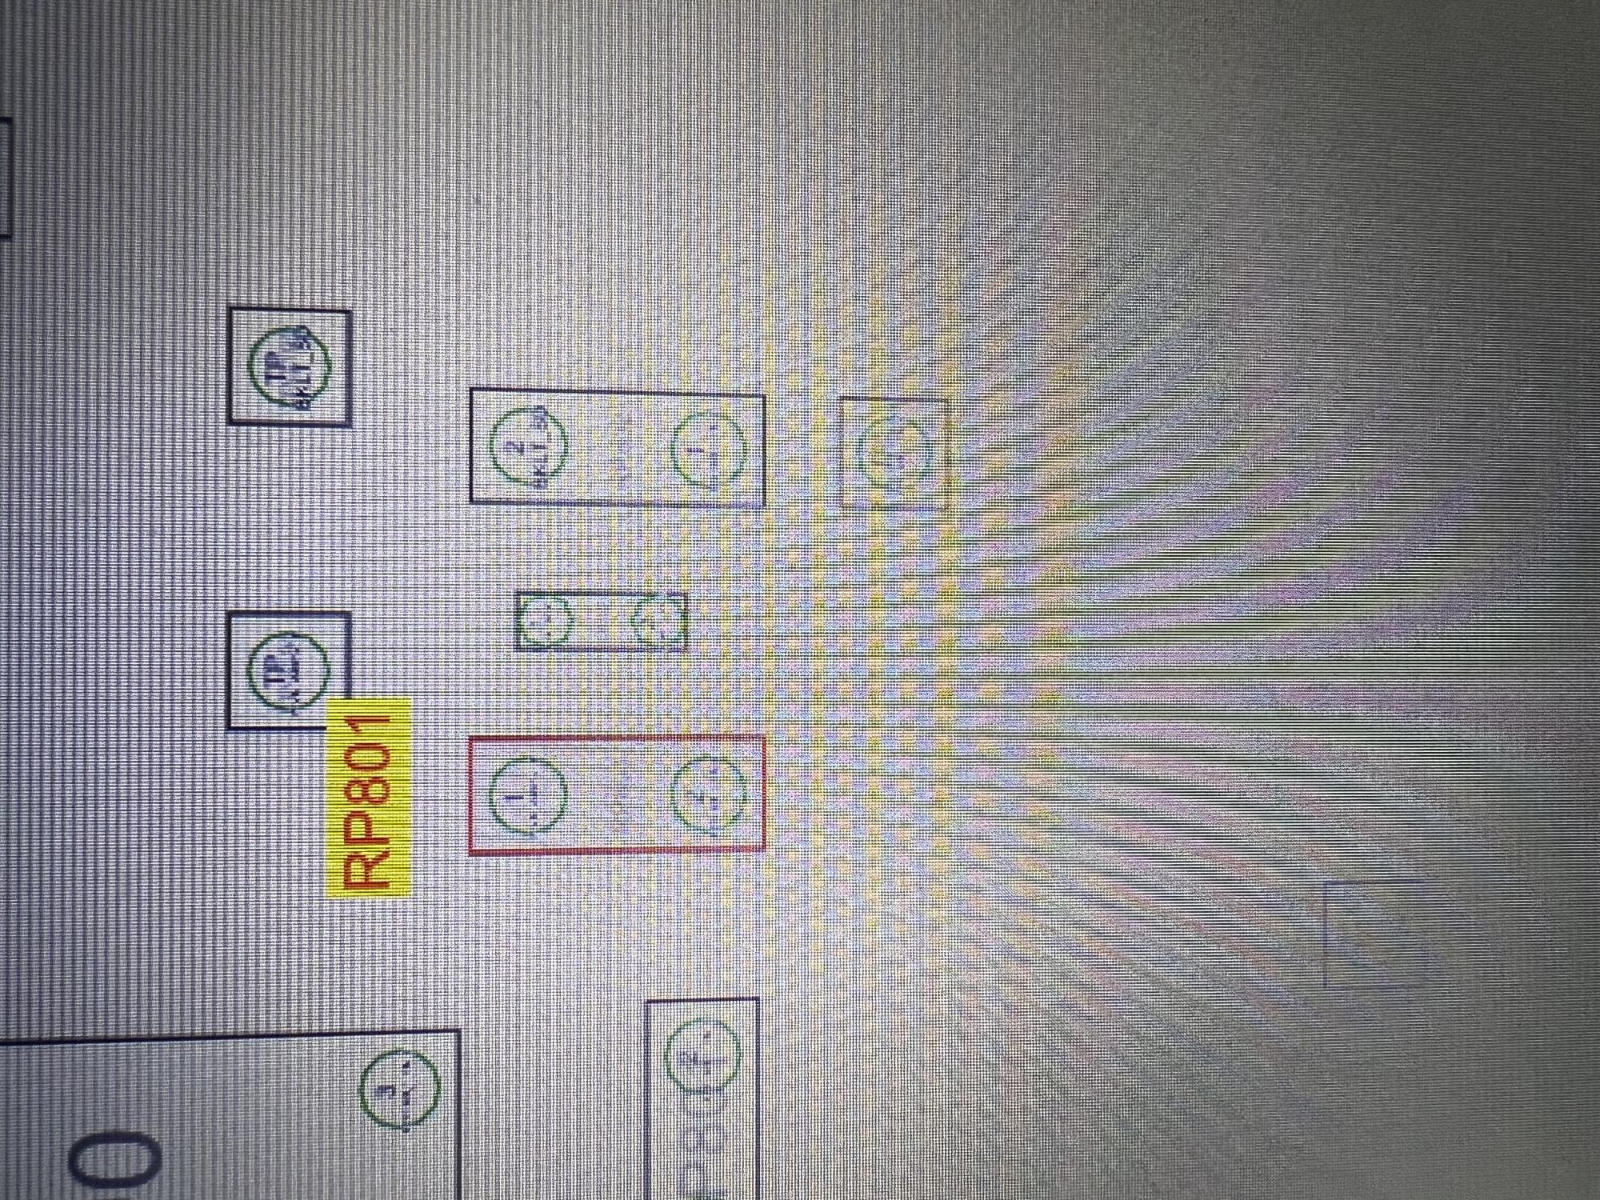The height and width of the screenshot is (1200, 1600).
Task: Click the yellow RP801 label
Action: (370, 796)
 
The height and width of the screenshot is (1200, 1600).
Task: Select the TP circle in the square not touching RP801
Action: (290, 366)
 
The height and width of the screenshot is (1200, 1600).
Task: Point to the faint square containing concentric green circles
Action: (894, 454)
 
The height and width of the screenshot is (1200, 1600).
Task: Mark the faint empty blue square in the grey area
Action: (1374, 934)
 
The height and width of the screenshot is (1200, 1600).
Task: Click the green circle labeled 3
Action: (398, 1090)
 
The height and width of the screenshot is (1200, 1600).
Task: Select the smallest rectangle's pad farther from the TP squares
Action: (659, 621)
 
